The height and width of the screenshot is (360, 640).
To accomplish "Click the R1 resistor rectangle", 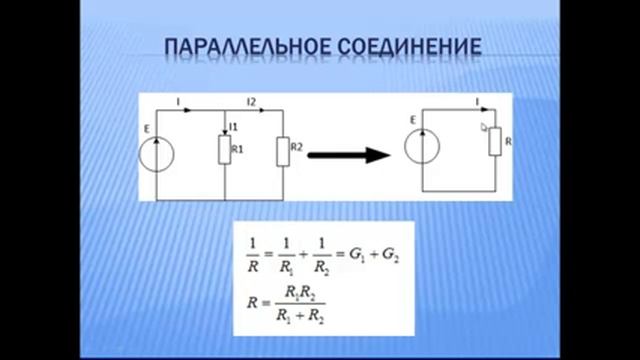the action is (224, 150).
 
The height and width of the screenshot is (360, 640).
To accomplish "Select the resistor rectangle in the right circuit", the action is (495, 142).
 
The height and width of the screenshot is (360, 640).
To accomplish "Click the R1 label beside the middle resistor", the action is (238, 148).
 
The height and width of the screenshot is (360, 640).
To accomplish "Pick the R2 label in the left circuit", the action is (296, 148).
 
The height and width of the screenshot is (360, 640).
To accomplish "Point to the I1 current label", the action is (233, 127).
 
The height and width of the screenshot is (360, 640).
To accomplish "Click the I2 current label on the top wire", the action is (252, 101).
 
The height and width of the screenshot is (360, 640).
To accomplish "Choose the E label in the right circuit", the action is (412, 121).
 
